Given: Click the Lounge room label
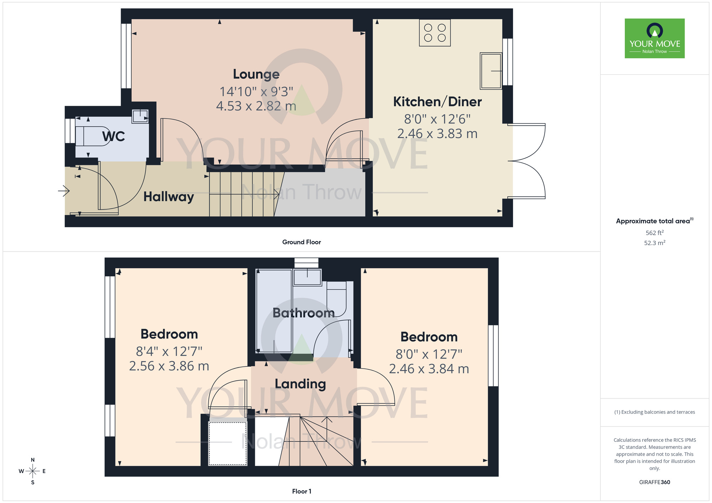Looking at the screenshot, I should pos(256,74).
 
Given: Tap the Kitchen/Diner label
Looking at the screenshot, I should pos(437,102).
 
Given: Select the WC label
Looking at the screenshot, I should pos(114,136).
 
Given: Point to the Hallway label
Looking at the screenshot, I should pos(168,197).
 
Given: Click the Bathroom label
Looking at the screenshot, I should pos(303,313).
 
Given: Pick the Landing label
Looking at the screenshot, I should pos(300,384).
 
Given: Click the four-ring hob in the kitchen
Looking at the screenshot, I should pos(435,33).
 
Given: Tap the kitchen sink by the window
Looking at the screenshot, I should pos(491,71).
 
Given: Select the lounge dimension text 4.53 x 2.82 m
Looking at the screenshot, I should pos(256,106).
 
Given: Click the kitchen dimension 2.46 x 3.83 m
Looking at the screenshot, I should pos(437,134).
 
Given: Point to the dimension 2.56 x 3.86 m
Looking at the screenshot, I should pos(169,366).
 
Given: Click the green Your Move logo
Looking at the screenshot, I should pos(654,38).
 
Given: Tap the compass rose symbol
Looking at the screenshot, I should pos(32,471).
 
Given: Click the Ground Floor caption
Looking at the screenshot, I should pos(301,242).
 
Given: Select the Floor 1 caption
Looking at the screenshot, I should pos(302,491).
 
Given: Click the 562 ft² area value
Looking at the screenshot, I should pos(654,233).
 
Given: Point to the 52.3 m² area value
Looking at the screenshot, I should pos(654,243).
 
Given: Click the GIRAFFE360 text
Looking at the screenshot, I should pos(654,482).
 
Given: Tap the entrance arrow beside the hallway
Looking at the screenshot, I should pos(64,191).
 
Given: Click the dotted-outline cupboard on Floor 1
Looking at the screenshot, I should pos(227,443).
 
